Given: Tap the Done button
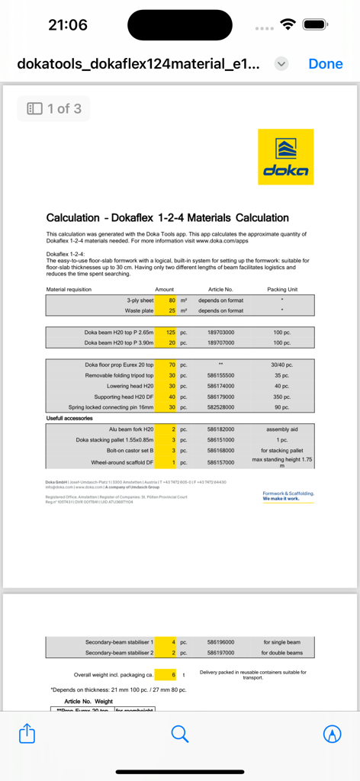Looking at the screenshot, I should pos(325,64).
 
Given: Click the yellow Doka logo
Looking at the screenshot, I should pos(285,156).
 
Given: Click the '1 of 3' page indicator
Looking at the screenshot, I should pos(54,108).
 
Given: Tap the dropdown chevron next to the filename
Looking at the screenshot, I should pos(281,64).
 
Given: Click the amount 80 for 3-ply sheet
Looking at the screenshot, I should pos(172,301).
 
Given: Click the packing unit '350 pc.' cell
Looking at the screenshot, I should pos(282,397).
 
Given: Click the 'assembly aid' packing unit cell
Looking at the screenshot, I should pos(282,429).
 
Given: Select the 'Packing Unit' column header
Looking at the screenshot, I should pos(282,290).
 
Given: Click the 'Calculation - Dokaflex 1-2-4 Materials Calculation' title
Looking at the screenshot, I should pos(167,217).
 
